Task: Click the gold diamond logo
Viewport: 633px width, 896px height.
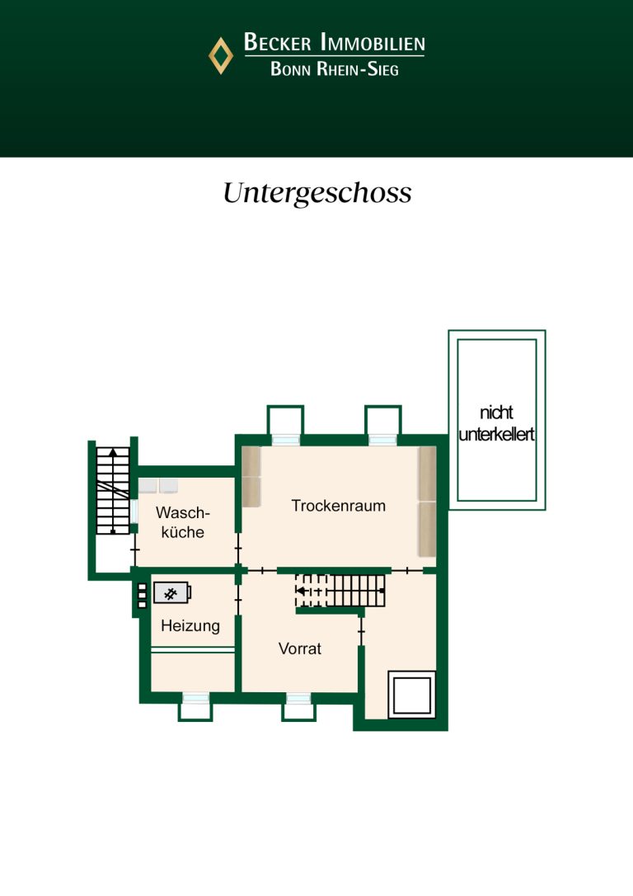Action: [220, 56]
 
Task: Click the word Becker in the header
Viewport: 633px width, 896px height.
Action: [278, 42]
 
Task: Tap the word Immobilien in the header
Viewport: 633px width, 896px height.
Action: [373, 42]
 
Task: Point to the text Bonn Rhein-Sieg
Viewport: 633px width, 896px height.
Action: [335, 69]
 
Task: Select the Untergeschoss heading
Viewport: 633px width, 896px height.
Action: [316, 193]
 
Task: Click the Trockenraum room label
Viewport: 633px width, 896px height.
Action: [339, 506]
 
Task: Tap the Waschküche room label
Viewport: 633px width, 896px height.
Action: [183, 522]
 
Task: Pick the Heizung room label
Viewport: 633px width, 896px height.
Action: [190, 625]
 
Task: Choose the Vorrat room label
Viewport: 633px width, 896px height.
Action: [300, 648]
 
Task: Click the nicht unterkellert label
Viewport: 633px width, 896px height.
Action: [496, 423]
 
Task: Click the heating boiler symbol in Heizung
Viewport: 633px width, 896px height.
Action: [172, 594]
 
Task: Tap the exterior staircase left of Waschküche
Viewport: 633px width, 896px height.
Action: [113, 491]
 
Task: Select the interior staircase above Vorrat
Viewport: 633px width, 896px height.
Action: [340, 591]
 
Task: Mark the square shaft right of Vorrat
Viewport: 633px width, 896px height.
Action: [411, 695]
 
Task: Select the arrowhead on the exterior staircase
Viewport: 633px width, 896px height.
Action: [113, 451]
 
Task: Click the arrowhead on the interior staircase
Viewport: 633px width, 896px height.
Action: [300, 591]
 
